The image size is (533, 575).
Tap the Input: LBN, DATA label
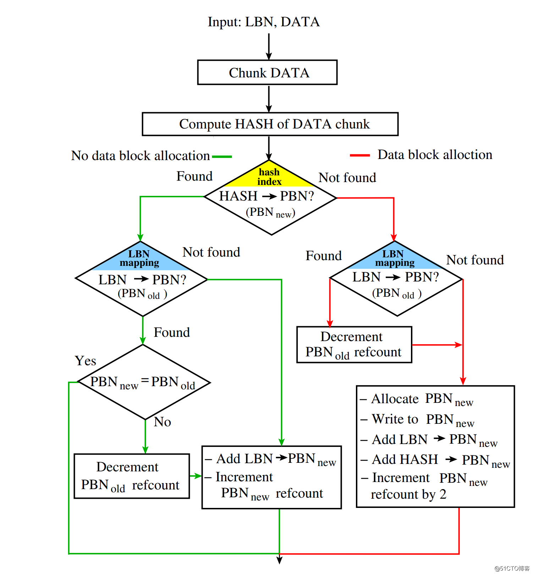264,22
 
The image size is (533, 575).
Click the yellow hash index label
269,177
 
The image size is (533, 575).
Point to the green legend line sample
222,157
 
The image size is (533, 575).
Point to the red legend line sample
360,155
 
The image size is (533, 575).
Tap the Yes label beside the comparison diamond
86,361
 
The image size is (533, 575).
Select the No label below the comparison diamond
163,422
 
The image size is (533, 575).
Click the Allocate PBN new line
417,399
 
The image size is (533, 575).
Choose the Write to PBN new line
418,420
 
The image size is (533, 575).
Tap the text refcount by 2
408,494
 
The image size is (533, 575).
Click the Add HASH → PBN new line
435,460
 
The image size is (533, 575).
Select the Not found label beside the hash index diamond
347,177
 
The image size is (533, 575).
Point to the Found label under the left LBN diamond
172,332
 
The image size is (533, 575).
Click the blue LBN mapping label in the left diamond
139,258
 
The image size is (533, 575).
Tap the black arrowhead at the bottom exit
279,560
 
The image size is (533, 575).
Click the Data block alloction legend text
435,155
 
